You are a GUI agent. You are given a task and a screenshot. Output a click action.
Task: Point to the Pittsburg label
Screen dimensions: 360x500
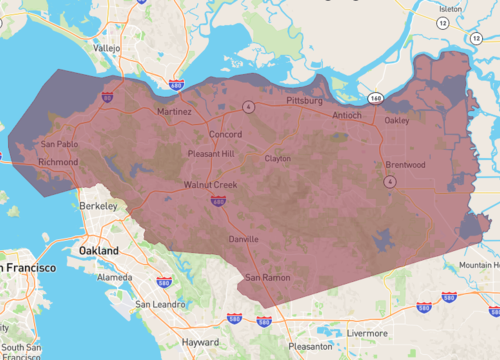click(303, 102)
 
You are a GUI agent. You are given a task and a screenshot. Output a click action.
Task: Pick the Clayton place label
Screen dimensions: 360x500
click(277, 158)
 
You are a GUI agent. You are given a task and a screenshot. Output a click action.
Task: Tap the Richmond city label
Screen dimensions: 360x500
click(57, 161)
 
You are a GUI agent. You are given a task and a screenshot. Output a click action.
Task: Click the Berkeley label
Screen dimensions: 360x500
click(99, 205)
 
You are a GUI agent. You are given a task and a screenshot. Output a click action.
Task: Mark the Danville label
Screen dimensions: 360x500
click(244, 240)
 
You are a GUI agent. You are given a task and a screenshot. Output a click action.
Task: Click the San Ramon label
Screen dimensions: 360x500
click(268, 277)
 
